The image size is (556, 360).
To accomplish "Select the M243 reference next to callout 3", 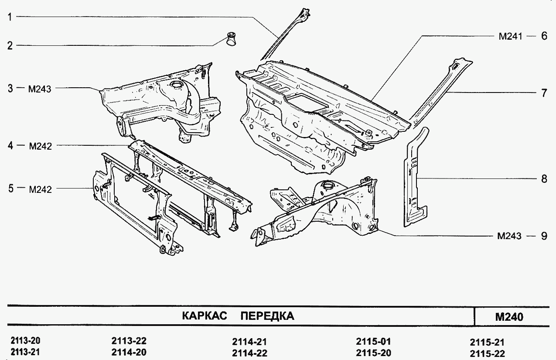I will [x=40, y=89].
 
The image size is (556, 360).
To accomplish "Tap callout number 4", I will [x=10, y=146].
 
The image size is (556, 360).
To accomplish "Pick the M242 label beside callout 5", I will [x=40, y=189].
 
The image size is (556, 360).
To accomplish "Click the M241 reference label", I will [x=510, y=37].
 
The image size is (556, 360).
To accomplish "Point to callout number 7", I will [x=543, y=93].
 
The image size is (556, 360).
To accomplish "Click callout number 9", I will [x=543, y=236].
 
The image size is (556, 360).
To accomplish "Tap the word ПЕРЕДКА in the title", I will [x=267, y=316].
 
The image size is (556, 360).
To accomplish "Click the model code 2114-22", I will [x=249, y=353].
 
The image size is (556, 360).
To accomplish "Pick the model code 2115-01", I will [x=373, y=341].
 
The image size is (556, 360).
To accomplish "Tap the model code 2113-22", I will [x=129, y=341].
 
